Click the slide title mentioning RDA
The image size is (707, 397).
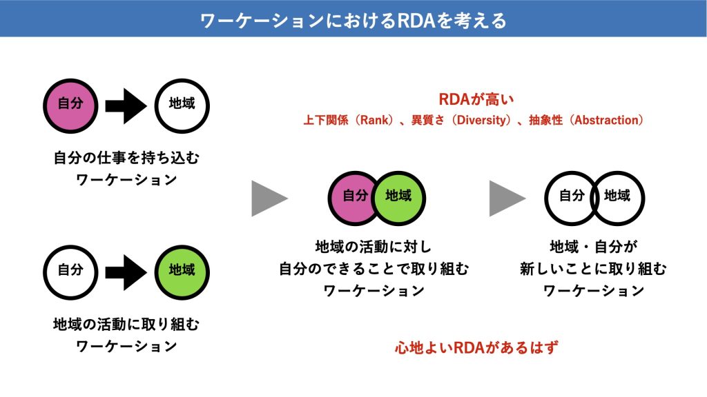coord(353,21)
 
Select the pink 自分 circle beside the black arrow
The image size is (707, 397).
coord(70,106)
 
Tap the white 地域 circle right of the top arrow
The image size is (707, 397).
coord(182,106)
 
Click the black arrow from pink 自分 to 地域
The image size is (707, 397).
coord(126,106)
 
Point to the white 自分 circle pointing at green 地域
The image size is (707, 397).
coord(70,273)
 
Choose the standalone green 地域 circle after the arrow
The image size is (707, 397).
coord(182,273)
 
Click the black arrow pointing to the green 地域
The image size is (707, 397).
coord(126,273)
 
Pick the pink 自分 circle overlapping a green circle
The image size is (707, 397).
coord(351,198)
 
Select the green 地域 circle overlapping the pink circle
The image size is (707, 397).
coord(400,198)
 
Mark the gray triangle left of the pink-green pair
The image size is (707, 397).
coord(270,198)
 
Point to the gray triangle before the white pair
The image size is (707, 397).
coord(507,198)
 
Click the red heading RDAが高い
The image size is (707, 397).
coord(476,99)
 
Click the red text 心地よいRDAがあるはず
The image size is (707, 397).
coord(476,347)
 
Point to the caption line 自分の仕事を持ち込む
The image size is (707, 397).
coord(126,158)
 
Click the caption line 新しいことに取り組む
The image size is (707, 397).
coord(593,269)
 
